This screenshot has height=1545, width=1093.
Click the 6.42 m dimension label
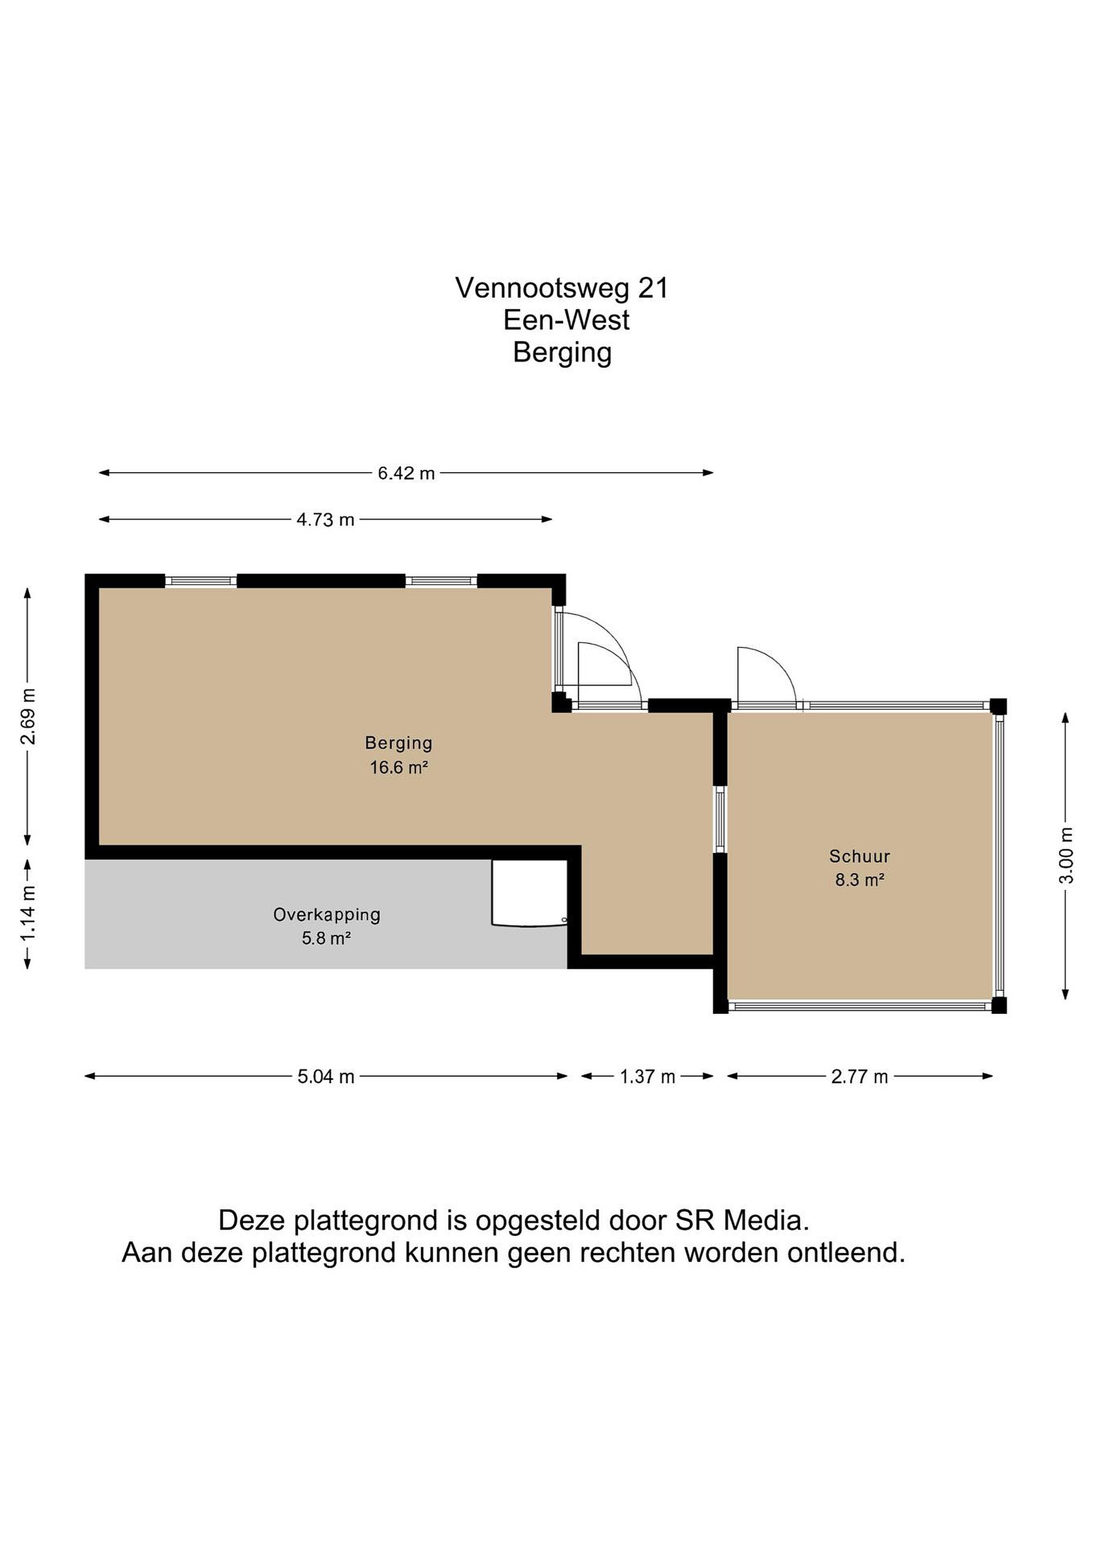[x=406, y=473]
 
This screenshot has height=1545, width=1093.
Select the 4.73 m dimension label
[x=325, y=519]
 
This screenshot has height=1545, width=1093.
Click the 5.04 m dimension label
[x=326, y=1077]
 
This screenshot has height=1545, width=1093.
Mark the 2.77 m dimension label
[x=860, y=1077]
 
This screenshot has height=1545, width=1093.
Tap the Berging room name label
[x=399, y=744]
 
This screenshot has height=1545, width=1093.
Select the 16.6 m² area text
[x=399, y=767]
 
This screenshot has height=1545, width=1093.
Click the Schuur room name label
[x=860, y=857]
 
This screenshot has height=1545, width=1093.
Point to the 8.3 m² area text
[x=860, y=879]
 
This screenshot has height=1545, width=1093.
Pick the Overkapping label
[x=326, y=915]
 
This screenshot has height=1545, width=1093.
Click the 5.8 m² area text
[x=326, y=938]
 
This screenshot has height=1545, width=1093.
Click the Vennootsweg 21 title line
[x=562, y=288]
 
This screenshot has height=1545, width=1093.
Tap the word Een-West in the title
[x=566, y=320]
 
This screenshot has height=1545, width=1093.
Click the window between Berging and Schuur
[x=720, y=819]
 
